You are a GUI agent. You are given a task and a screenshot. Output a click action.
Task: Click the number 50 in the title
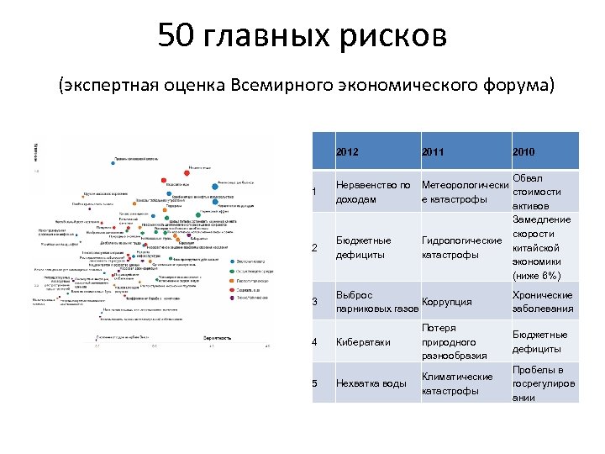(178, 36)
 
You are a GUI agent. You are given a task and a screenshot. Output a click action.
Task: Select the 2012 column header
(347, 152)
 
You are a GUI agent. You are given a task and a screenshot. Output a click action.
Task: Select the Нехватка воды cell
(371, 384)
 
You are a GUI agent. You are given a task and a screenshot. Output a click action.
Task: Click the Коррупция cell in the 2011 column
(446, 303)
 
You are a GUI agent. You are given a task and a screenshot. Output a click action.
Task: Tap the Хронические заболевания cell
(542, 302)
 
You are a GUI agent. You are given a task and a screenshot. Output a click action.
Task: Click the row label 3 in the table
(314, 303)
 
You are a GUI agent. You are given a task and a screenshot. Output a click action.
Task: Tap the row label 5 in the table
(314, 384)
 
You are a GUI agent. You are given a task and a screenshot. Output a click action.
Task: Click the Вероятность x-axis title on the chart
(218, 337)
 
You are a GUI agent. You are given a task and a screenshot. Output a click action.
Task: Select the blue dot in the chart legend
(231, 261)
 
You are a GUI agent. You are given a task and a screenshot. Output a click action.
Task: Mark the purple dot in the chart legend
(231, 298)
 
